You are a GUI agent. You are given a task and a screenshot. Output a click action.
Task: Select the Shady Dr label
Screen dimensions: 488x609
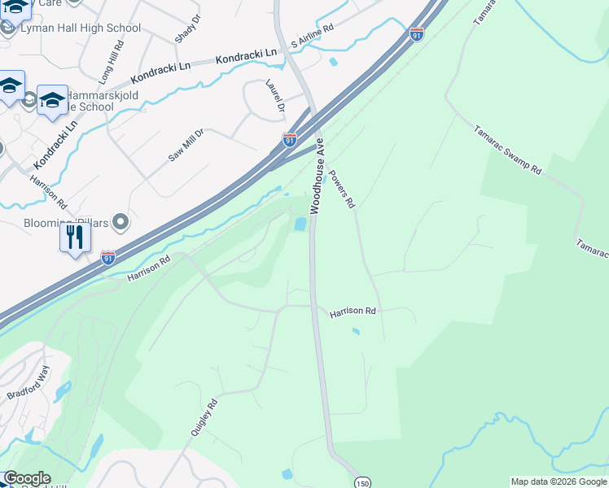point(186,29)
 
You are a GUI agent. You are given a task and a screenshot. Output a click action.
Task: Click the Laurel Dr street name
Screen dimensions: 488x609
point(274,96)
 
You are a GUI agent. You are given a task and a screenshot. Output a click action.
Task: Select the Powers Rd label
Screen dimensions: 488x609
point(343,189)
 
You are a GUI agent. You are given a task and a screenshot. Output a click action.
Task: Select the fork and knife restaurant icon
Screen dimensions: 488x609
point(75,237)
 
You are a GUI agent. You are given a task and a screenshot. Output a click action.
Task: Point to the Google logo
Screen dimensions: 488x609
point(27,478)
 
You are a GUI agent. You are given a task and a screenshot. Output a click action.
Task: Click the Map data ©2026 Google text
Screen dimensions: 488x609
point(559,481)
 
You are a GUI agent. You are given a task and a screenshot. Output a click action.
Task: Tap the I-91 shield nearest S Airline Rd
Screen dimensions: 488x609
point(416,35)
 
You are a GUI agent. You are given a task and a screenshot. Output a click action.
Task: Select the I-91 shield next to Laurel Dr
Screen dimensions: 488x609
point(289,140)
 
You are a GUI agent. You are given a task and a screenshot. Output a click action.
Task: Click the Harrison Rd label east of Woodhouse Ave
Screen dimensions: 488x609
point(353,312)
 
